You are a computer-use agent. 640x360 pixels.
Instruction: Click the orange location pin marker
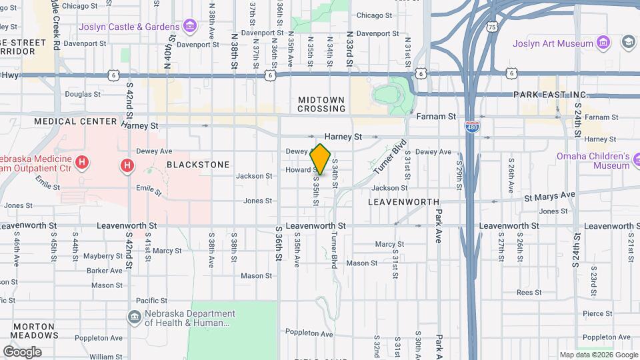pyautogui.click(x=321, y=159)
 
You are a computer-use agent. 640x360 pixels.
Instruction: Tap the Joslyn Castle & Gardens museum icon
pyautogui.click(x=190, y=27)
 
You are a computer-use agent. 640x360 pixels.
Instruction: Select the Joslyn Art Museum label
pyautogui.click(x=553, y=43)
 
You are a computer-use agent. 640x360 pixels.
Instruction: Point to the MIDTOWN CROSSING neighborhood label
pyautogui.click(x=321, y=104)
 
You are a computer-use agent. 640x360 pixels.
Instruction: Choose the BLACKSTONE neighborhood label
pyautogui.click(x=198, y=164)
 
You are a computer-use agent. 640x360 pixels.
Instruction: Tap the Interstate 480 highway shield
pyautogui.click(x=471, y=129)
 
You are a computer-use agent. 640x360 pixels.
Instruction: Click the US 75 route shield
pyautogui.click(x=491, y=27)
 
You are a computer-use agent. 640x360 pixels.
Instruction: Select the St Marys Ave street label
pyautogui.click(x=549, y=195)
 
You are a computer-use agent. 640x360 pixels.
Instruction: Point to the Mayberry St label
pyautogui.click(x=103, y=255)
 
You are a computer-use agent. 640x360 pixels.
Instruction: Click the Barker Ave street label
pyautogui.click(x=105, y=271)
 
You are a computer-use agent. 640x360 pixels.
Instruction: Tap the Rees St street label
pyautogui.click(x=529, y=292)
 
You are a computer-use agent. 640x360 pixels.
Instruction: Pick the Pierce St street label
pyautogui.click(x=597, y=313)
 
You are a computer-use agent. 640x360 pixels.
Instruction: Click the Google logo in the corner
pyautogui.click(x=22, y=351)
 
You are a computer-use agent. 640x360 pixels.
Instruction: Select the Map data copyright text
pyautogui.click(x=597, y=355)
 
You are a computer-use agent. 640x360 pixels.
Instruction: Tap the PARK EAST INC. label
pyautogui.click(x=551, y=95)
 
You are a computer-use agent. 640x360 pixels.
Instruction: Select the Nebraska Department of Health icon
pyautogui.click(x=135, y=316)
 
